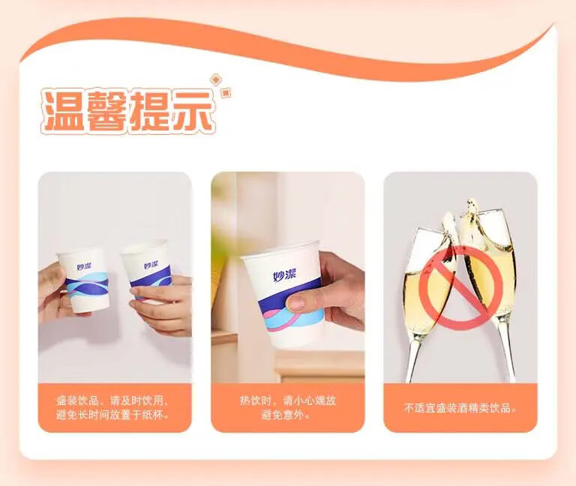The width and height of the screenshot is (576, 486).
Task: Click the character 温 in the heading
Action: click(62, 110)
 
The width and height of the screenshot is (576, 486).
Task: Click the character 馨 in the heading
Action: click(106, 110)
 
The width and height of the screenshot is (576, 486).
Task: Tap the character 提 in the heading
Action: click(149, 110)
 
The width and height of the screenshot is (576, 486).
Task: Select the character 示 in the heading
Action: click(193, 110)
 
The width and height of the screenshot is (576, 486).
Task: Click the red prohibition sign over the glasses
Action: click(460, 288)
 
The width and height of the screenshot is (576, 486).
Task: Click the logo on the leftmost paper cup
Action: click(85, 266)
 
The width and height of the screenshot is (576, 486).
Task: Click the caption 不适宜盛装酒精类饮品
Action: click(460, 408)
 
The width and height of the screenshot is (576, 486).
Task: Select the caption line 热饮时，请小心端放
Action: click(288, 400)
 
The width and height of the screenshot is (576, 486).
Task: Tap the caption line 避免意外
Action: click(286, 415)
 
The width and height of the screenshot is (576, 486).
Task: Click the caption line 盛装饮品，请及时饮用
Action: click(112, 400)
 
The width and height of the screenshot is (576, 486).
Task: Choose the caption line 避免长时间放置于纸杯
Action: click(112, 415)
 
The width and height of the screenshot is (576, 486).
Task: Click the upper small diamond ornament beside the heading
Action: click(215, 79)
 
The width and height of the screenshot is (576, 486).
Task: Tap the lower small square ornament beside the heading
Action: click(226, 92)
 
